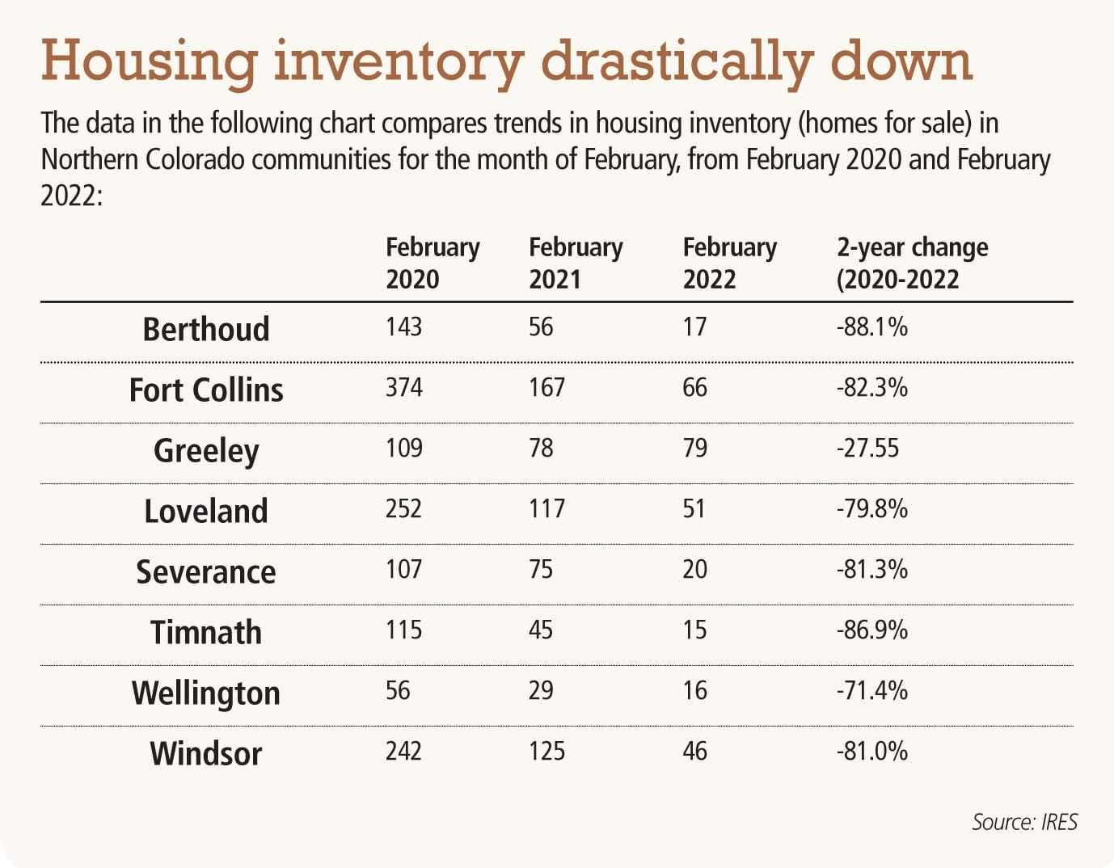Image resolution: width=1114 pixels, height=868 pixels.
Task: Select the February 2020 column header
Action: pyautogui.click(x=432, y=263)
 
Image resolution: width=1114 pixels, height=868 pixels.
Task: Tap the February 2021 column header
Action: pyautogui.click(x=575, y=263)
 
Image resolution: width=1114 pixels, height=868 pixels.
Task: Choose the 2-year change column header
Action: pyautogui.click(x=911, y=263)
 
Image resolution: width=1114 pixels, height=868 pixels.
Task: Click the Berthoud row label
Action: pyautogui.click(x=205, y=330)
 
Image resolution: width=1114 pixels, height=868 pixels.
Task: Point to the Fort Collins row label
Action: pyautogui.click(x=205, y=390)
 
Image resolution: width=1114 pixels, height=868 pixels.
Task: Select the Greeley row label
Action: pyautogui.click(x=205, y=451)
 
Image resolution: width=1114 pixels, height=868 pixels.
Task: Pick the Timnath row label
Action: pyautogui.click(x=205, y=632)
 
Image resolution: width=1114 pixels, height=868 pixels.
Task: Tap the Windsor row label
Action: pyautogui.click(x=205, y=753)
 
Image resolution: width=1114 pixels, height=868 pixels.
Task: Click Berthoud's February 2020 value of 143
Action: pyautogui.click(x=403, y=327)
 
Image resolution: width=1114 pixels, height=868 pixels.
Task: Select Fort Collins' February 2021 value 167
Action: pyautogui.click(x=546, y=387)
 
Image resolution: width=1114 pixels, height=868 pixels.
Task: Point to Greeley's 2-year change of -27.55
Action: pyautogui.click(x=867, y=448)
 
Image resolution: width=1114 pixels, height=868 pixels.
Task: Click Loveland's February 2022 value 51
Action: pyautogui.click(x=694, y=508)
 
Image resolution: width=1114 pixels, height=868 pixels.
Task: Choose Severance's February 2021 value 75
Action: pyautogui.click(x=541, y=569)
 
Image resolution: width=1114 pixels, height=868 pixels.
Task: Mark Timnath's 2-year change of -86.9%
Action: pyautogui.click(x=871, y=630)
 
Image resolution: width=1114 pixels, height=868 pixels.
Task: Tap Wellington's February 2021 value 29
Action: pyautogui.click(x=541, y=690)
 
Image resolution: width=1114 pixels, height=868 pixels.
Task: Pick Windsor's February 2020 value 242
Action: pyautogui.click(x=403, y=751)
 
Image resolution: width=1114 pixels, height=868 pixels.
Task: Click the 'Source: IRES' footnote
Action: pyautogui.click(x=1024, y=822)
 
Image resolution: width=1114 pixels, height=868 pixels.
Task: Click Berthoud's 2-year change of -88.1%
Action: pyautogui.click(x=871, y=327)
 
